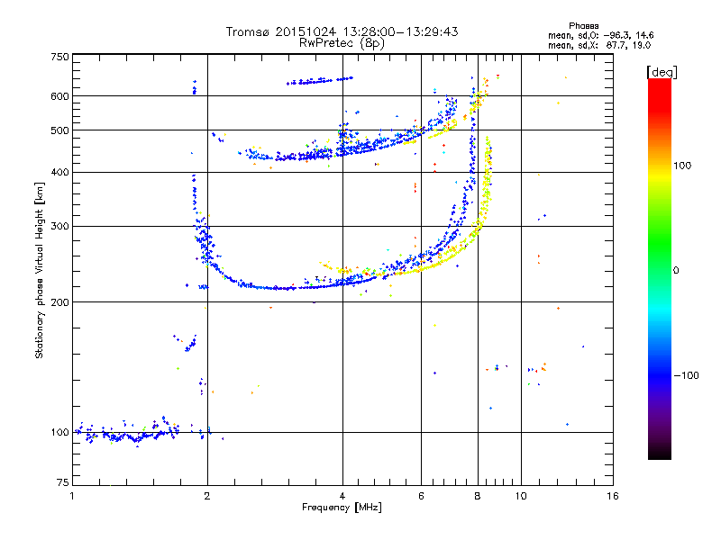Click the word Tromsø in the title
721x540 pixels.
point(249,31)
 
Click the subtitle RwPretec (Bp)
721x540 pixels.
point(342,42)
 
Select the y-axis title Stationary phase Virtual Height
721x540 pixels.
point(41,270)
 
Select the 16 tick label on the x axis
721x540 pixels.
point(613,497)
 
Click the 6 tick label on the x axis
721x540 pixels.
point(421,497)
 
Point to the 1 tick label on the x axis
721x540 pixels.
point(72,497)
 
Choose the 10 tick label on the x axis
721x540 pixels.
point(520,497)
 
